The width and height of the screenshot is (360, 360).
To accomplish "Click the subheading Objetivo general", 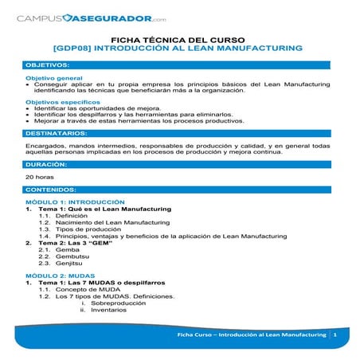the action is click(x=54, y=79).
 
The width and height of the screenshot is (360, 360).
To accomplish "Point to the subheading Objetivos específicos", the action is click(x=60, y=102).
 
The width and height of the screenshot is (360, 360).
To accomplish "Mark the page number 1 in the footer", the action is click(x=335, y=336).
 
